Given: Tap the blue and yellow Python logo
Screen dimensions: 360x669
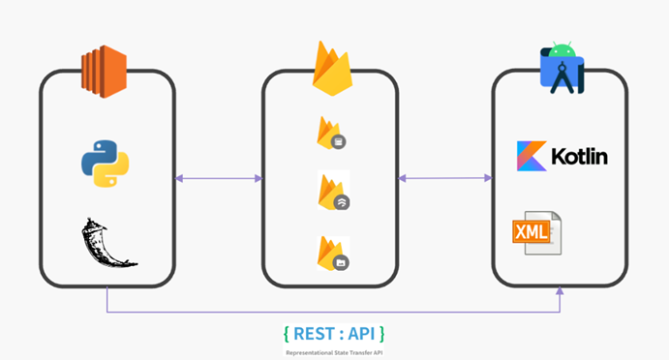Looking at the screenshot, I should (x=106, y=163).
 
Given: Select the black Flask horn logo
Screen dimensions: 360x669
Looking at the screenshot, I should (x=106, y=243).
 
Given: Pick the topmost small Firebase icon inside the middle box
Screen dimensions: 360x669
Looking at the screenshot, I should (x=330, y=133).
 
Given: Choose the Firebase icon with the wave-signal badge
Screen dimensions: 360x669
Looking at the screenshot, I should (x=331, y=192).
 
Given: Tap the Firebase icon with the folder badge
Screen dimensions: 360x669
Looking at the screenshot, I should (x=331, y=252).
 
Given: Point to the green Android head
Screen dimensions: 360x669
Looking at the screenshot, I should (x=563, y=47).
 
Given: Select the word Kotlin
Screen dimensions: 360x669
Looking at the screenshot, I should (x=578, y=156).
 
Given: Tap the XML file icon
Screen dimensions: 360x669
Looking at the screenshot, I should (x=535, y=233).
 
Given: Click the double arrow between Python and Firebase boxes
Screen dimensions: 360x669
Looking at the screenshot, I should (x=219, y=178).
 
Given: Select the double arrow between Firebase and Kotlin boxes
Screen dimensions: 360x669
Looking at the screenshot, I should (x=445, y=178).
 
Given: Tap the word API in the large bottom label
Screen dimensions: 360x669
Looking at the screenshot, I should (x=361, y=334).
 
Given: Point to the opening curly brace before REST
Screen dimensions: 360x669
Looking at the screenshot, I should (x=287, y=334).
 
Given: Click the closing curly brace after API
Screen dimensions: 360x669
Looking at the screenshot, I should (x=382, y=334).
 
